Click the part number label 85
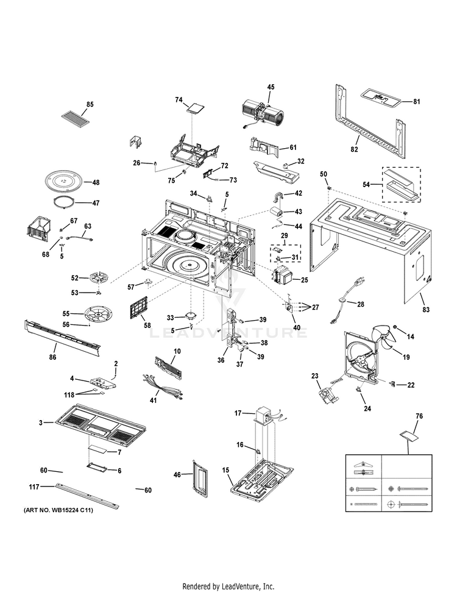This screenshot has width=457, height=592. pos(90,104)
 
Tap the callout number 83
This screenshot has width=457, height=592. pos(425,310)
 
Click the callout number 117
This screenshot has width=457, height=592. pos(34,487)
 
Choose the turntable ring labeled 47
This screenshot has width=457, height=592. pos(65,202)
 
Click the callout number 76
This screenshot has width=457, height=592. pos(419,416)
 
